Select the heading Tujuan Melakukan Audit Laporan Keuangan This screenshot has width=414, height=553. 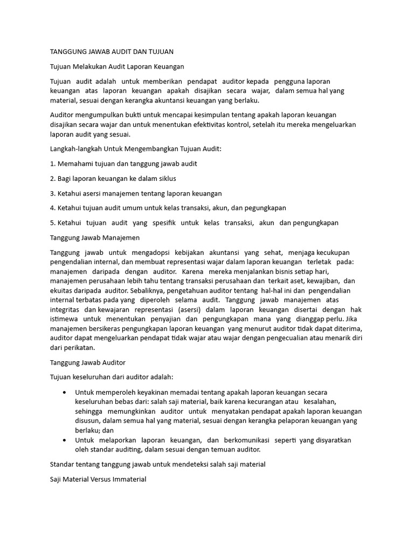tap(117, 66)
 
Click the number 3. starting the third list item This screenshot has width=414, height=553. tap(53, 193)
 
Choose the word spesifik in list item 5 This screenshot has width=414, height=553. tap(163, 222)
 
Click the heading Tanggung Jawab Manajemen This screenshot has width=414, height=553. tap(94, 237)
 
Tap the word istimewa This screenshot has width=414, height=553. tap(65, 319)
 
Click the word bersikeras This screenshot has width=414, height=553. tap(108, 329)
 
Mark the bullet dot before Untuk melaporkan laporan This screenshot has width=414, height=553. tap(65, 440)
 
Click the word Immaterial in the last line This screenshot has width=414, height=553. tap(127, 479)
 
